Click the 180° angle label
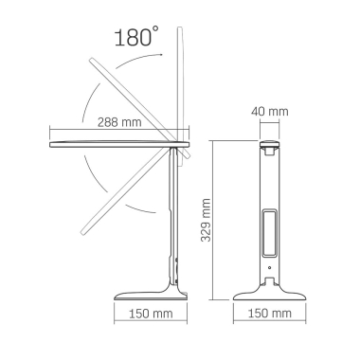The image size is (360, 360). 134,39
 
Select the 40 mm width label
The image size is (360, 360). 271,113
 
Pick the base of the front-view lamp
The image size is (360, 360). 271,288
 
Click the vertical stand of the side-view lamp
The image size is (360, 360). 173,218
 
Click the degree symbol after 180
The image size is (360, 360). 155,31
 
